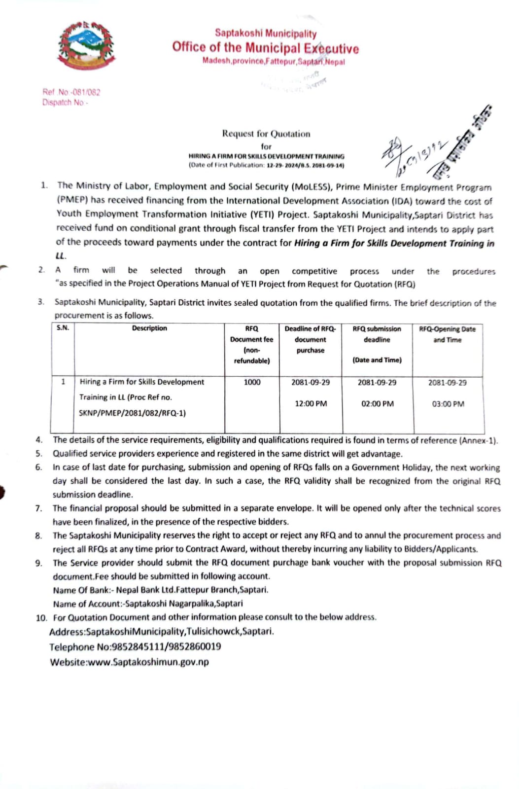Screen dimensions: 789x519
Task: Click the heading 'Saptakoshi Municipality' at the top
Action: click(x=265, y=34)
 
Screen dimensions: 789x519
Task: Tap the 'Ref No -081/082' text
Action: click(x=71, y=92)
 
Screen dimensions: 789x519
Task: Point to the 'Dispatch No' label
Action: click(x=64, y=103)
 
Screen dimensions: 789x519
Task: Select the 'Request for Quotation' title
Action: click(x=266, y=134)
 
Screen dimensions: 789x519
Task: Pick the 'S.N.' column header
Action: click(x=63, y=328)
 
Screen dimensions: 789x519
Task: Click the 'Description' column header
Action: click(x=149, y=328)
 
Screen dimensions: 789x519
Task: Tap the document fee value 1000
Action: click(x=252, y=382)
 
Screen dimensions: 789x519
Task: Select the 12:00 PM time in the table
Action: click(x=311, y=404)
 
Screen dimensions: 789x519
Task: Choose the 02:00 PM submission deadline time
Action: click(x=377, y=404)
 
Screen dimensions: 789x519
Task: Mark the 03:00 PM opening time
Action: click(x=448, y=404)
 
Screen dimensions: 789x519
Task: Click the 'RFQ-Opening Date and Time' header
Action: click(x=447, y=334)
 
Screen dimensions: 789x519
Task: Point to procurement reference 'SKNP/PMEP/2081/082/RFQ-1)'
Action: click(x=132, y=413)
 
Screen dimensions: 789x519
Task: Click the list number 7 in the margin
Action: click(x=38, y=508)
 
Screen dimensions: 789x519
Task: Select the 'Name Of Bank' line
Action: click(x=161, y=590)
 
